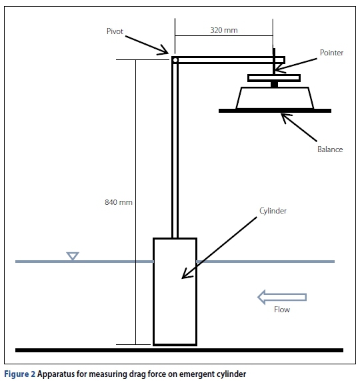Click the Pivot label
point(115,31)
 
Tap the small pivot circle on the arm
point(175,60)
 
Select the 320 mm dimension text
point(224,30)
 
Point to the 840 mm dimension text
point(119,202)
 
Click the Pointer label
point(331,53)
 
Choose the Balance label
point(330,149)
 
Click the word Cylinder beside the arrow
point(273,211)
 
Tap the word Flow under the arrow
point(282,310)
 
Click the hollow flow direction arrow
point(282,297)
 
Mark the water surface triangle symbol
point(73,256)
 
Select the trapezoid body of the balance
point(275,98)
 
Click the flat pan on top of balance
point(274,78)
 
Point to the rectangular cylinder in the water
point(175,292)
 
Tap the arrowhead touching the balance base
point(284,117)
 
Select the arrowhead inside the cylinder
point(187,274)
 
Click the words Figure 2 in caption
point(20,374)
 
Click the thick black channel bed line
point(179,350)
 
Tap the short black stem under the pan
point(274,84)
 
